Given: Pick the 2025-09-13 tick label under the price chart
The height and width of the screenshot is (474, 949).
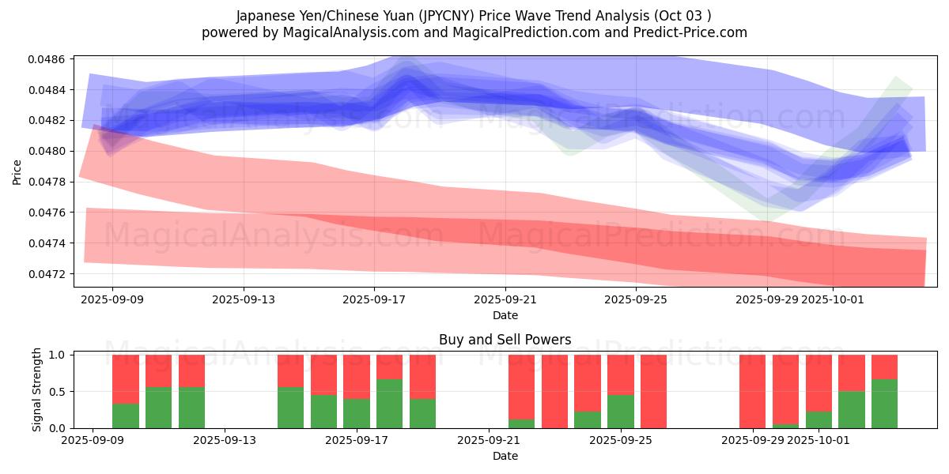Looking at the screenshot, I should click(243, 300).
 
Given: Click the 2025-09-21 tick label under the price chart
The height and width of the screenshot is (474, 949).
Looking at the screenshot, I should click(505, 300).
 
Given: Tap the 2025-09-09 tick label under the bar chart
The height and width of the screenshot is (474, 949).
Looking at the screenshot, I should click(93, 441).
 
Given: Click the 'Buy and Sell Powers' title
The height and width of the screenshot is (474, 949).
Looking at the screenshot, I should click(505, 340).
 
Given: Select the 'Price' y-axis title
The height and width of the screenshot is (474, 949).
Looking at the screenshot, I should click(17, 171).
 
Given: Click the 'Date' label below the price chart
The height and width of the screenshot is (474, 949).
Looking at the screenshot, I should click(505, 315).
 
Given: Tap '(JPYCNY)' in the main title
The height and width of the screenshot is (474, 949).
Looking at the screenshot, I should click(451, 16).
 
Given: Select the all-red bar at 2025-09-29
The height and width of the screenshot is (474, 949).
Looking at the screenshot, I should click(752, 391).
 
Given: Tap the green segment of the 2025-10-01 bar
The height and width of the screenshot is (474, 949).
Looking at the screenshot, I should click(819, 419).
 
